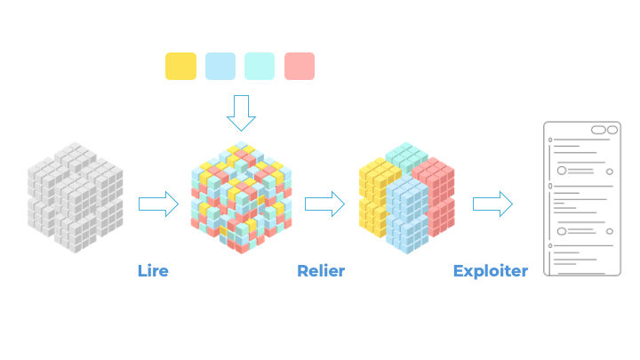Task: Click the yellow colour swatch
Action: coord(180,67)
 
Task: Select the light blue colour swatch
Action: coord(220,67)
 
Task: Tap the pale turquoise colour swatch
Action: coord(260,67)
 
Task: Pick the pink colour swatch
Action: coord(300,67)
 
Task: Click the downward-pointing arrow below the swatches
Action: coord(241,113)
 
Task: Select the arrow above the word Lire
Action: coord(158,204)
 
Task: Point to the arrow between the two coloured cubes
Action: coord(324,204)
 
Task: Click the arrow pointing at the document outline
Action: coord(492,204)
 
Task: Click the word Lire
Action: coord(153,271)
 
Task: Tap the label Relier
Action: coord(321,271)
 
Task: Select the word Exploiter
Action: coord(490,271)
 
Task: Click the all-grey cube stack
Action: coord(75,197)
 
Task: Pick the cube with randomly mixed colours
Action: coord(240,197)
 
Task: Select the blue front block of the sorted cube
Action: coord(406,213)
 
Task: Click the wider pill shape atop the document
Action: coord(598,130)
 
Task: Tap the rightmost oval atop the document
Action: coord(612,130)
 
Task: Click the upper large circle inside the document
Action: coord(562,170)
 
